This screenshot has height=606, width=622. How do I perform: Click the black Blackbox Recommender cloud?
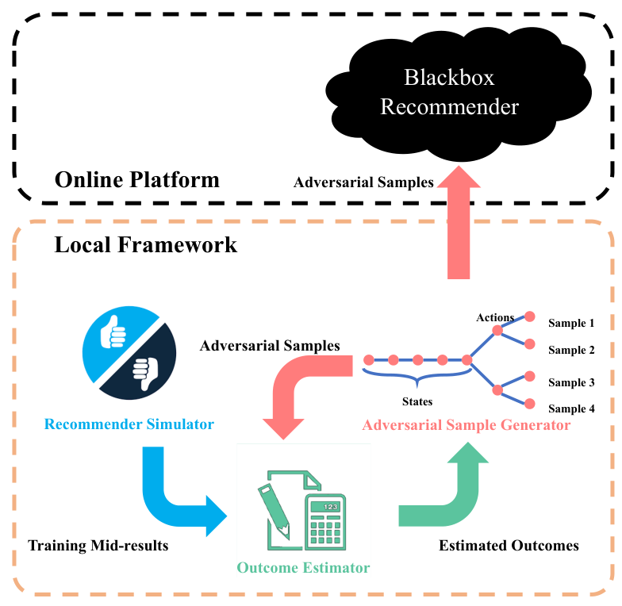coord(459,94)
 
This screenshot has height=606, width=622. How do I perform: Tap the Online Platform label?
coord(136,180)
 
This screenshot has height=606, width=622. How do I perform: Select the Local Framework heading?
coord(146,244)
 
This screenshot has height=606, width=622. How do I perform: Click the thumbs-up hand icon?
coord(113,332)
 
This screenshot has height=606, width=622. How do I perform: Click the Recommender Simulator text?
coord(129,424)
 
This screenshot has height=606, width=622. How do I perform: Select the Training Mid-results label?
coord(98,546)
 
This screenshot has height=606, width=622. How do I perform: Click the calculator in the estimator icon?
coord(325,522)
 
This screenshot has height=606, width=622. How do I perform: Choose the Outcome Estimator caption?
coord(303,568)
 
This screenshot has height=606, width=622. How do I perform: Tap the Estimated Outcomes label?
coord(509,546)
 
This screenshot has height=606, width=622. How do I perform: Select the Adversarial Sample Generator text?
coord(466,425)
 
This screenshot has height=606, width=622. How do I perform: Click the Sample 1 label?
coord(571,324)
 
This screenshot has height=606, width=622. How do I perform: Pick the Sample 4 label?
coord(571,408)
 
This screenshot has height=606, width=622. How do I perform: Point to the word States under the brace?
coord(417,401)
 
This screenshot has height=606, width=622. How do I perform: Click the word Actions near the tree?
coord(495,317)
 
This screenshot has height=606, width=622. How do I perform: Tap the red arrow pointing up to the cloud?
coord(459,222)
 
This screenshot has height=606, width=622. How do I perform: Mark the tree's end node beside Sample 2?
coord(530,344)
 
